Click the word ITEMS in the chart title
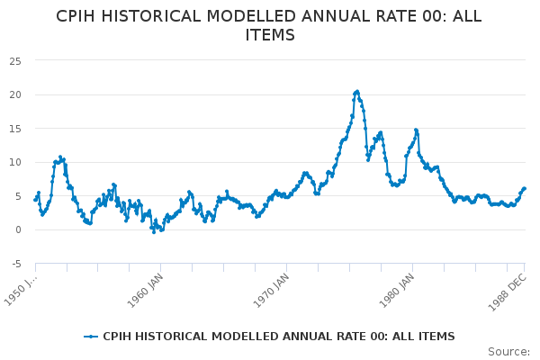(x=270, y=35)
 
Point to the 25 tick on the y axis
(x=16, y=60)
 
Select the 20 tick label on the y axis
(x=16, y=94)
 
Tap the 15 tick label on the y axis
(x=16, y=129)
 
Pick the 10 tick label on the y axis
(x=16, y=162)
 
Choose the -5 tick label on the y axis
(x=16, y=264)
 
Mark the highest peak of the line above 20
(x=357, y=91)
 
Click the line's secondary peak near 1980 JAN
(x=416, y=130)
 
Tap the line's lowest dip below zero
(x=154, y=232)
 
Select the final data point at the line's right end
(x=525, y=188)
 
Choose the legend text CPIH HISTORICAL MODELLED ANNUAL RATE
(x=279, y=337)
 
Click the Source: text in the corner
(x=508, y=351)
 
